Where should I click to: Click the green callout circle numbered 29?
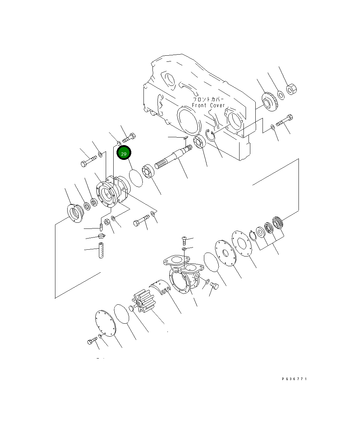pyautogui.click(x=124, y=153)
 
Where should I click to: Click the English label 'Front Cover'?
pyautogui.click(x=208, y=105)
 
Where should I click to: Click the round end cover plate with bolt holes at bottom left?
pyautogui.click(x=105, y=323)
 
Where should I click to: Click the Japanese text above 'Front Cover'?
pyautogui.click(x=208, y=99)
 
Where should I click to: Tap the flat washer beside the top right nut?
pyautogui.click(x=281, y=95)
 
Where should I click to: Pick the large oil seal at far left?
pyautogui.click(x=74, y=213)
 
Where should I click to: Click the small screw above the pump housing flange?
pyautogui.click(x=183, y=238)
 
